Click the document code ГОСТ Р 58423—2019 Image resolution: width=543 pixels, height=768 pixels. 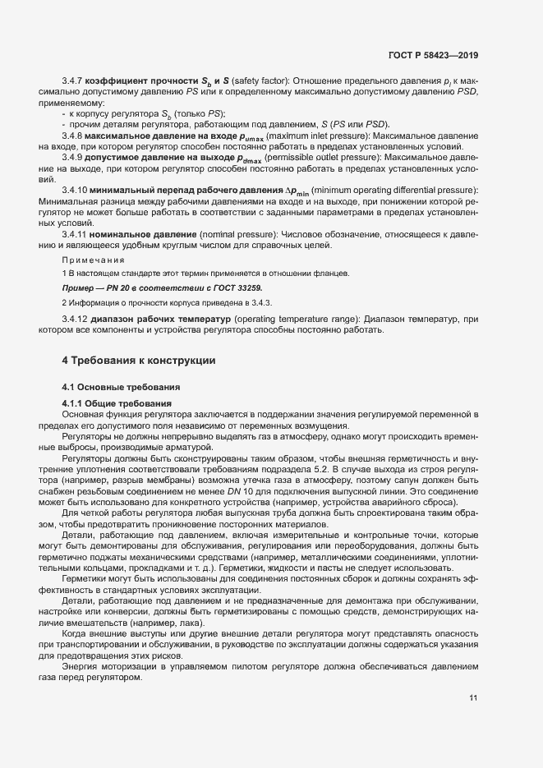(433, 55)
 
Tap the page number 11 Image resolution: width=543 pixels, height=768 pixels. (474, 698)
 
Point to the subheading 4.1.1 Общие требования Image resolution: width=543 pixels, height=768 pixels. (117, 403)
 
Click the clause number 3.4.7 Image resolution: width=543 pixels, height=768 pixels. (74, 82)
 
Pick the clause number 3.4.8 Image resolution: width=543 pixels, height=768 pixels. (74, 136)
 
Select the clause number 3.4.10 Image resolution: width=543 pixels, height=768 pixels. (76, 191)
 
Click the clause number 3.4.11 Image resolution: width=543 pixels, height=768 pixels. (76, 235)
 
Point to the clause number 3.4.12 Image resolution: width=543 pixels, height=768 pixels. (76, 320)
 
